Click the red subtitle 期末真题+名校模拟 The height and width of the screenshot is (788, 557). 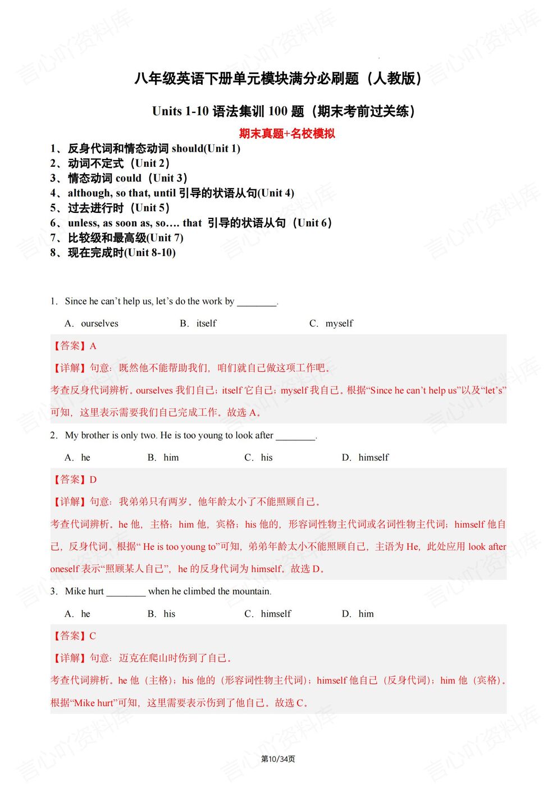[x=286, y=134]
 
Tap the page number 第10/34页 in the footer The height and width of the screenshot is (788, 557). [x=278, y=759]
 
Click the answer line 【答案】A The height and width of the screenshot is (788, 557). [x=74, y=346]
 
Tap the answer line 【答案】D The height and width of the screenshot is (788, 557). [x=74, y=480]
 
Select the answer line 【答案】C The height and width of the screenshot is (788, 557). [x=74, y=636]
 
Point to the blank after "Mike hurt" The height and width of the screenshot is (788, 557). [x=126, y=592]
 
